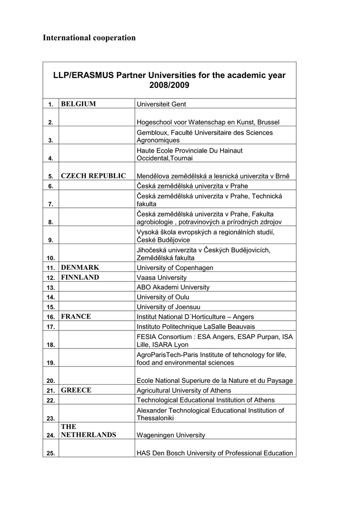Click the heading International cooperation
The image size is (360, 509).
tap(89, 38)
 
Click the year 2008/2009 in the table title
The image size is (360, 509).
tap(169, 85)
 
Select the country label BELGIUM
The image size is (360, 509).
tap(78, 103)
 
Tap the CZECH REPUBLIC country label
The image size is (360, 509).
tap(93, 175)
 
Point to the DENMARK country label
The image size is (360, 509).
tap(80, 267)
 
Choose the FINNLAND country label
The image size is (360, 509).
tap(80, 277)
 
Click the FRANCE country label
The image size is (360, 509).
tap(76, 316)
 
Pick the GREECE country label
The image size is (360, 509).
tap(76, 390)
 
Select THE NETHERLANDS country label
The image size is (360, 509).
tap(88, 431)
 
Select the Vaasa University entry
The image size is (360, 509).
tap(162, 278)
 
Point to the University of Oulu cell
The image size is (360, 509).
tap(163, 297)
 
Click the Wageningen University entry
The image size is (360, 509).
tap(171, 435)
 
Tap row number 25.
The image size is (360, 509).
tap(51, 453)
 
